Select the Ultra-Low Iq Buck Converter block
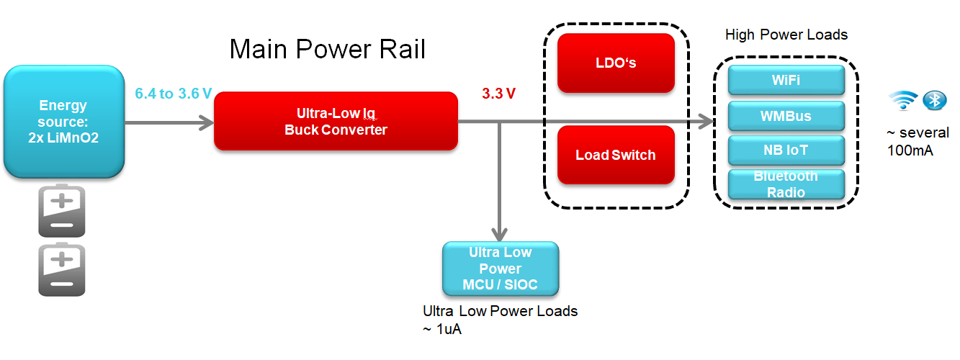pyautogui.click(x=336, y=121)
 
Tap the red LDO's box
pyautogui.click(x=616, y=63)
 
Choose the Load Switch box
pyautogui.click(x=616, y=155)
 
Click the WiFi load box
pyautogui.click(x=786, y=80)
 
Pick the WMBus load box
pyautogui.click(x=786, y=115)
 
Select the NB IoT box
pyautogui.click(x=786, y=150)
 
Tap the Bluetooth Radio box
pyautogui.click(x=786, y=184)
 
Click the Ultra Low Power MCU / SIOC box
pyautogui.click(x=501, y=269)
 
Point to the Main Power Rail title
pyautogui.click(x=328, y=49)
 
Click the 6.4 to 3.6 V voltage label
pyautogui.click(x=173, y=94)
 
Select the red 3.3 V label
pyautogui.click(x=499, y=94)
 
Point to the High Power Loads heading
pyautogui.click(x=786, y=35)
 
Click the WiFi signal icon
pyautogui.click(x=904, y=102)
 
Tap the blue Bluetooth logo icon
pyautogui.click(x=935, y=101)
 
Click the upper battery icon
pyautogui.click(x=62, y=211)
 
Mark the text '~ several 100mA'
pyautogui.click(x=918, y=141)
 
